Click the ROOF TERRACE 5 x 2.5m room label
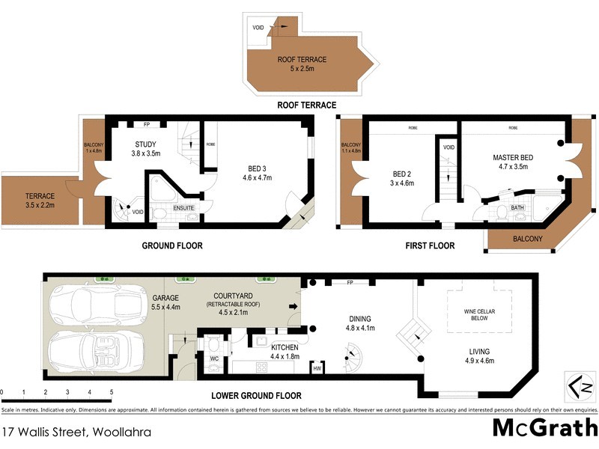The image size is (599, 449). [303, 64]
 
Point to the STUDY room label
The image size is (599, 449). [145, 149]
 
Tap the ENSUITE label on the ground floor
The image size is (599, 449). [184, 208]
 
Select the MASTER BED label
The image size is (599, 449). [512, 163]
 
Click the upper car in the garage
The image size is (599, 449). [82, 305]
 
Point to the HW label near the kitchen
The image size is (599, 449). [317, 367]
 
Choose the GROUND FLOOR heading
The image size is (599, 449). [172, 245]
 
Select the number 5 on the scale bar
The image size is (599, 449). [111, 391]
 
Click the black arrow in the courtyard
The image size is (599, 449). [293, 307]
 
